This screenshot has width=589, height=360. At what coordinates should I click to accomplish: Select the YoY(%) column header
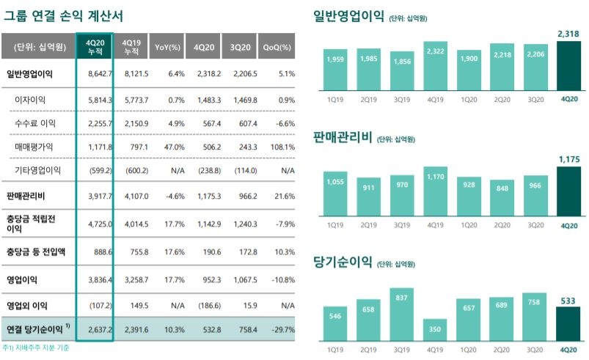(x=168, y=48)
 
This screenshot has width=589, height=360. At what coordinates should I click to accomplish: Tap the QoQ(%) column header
(x=279, y=48)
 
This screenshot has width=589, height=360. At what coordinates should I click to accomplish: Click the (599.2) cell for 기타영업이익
(x=98, y=171)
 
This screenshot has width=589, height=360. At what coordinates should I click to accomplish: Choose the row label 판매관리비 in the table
(x=27, y=195)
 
